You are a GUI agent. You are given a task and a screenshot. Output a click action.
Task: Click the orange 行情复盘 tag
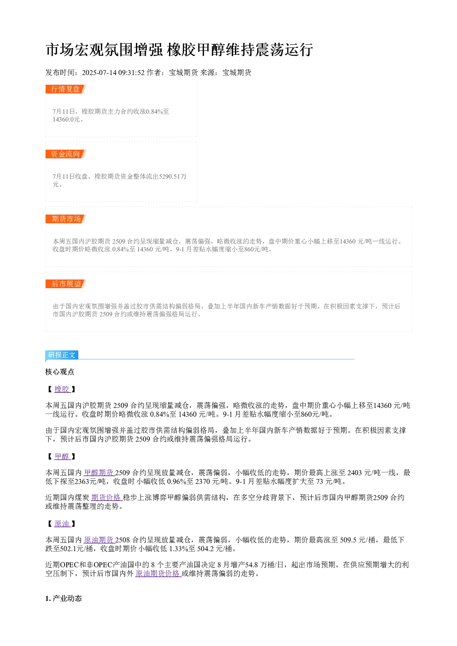(x=66, y=89)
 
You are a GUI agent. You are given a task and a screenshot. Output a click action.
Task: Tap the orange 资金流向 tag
(x=66, y=154)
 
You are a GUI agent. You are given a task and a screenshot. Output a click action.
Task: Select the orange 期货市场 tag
(x=66, y=219)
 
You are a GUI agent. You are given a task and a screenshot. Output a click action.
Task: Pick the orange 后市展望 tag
(x=66, y=284)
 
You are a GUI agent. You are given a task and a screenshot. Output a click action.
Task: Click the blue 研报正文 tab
(x=62, y=355)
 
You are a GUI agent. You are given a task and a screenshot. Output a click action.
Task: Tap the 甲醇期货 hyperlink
(x=99, y=473)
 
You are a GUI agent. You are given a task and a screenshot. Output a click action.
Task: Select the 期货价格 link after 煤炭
(x=107, y=497)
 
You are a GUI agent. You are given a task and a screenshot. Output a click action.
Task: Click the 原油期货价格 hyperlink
(x=158, y=573)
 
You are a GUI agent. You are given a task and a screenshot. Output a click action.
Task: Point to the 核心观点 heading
(x=60, y=372)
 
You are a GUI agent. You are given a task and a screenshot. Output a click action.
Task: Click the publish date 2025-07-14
(x=99, y=73)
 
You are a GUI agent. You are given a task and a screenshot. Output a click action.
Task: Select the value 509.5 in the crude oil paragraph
(x=348, y=540)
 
